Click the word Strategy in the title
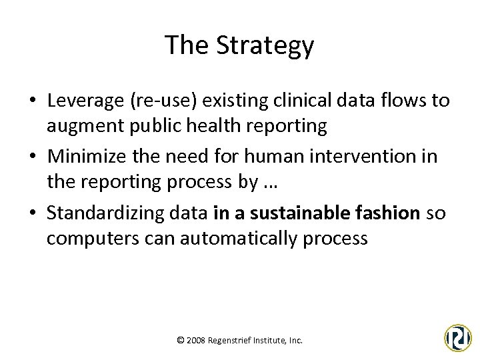273,45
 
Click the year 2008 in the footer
196,340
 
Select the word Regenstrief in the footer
230,340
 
